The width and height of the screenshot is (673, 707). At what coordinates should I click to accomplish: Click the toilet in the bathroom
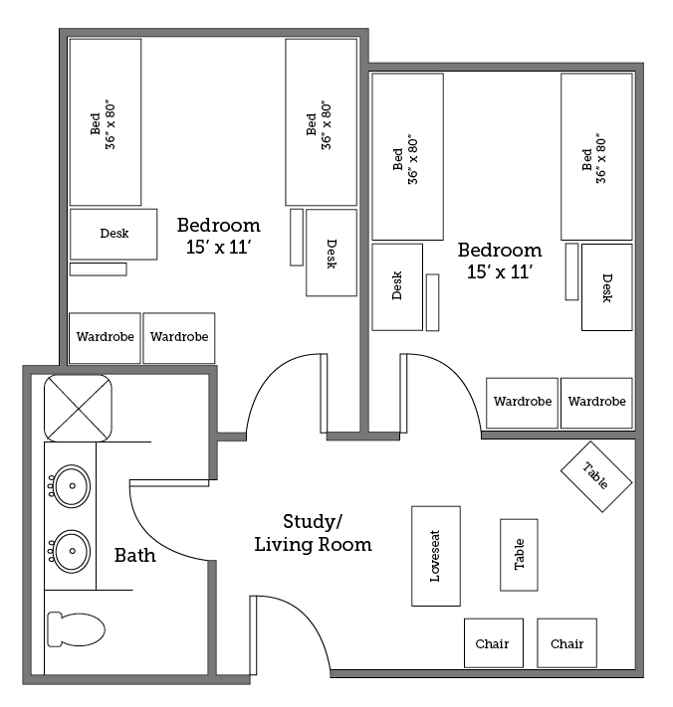pyautogui.click(x=76, y=629)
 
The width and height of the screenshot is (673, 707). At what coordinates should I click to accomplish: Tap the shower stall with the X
pyautogui.click(x=78, y=408)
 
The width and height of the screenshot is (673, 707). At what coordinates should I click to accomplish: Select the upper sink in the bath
pyautogui.click(x=70, y=486)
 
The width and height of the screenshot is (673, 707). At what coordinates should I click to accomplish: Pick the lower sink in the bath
pyautogui.click(x=70, y=551)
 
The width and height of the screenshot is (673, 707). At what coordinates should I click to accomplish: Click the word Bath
pyautogui.click(x=135, y=555)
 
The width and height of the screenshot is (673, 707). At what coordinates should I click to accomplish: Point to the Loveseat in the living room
pyautogui.click(x=436, y=556)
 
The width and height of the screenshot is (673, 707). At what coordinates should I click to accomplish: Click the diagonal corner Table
pyautogui.click(x=596, y=476)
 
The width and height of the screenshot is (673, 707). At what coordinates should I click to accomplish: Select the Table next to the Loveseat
pyautogui.click(x=519, y=555)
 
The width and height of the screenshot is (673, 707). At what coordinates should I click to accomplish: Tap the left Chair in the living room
pyautogui.click(x=494, y=643)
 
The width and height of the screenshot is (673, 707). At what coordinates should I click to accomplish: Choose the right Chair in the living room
pyautogui.click(x=566, y=643)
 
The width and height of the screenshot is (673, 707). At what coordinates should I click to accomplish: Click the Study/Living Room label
pyautogui.click(x=313, y=533)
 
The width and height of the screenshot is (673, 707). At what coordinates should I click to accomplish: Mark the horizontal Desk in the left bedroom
pyautogui.click(x=113, y=234)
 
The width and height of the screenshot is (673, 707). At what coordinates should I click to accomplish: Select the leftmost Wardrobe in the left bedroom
pyautogui.click(x=105, y=338)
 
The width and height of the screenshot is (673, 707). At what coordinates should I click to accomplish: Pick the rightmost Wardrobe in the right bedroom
pyautogui.click(x=596, y=403)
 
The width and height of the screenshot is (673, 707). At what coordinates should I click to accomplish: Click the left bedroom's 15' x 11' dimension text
pyautogui.click(x=219, y=247)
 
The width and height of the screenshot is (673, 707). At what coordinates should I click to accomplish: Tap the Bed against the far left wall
pyautogui.click(x=106, y=122)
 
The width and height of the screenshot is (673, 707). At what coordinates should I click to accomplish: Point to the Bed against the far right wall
pyautogui.click(x=596, y=156)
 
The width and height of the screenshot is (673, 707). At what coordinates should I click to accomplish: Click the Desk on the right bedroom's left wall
pyautogui.click(x=397, y=287)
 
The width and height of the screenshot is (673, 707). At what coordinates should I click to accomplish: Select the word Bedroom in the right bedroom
pyautogui.click(x=500, y=250)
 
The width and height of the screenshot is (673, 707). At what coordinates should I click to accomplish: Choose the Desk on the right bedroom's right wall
pyautogui.click(x=607, y=287)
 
